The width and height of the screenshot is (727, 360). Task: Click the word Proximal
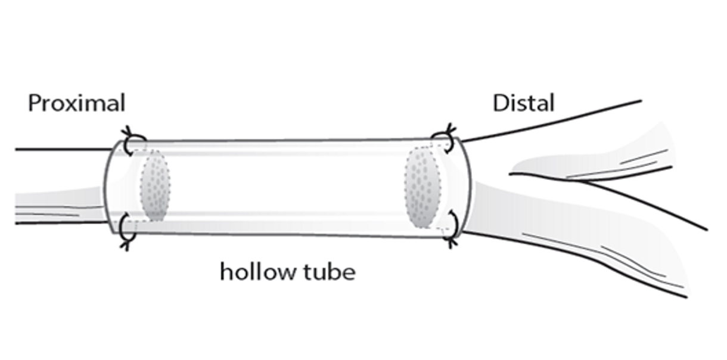point(76,103)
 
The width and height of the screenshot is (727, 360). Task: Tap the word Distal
point(523,103)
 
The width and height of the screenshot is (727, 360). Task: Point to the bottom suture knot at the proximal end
point(126,234)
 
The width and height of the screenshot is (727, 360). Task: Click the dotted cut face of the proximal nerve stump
point(156,186)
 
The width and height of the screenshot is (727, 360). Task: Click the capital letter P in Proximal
point(34,103)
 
